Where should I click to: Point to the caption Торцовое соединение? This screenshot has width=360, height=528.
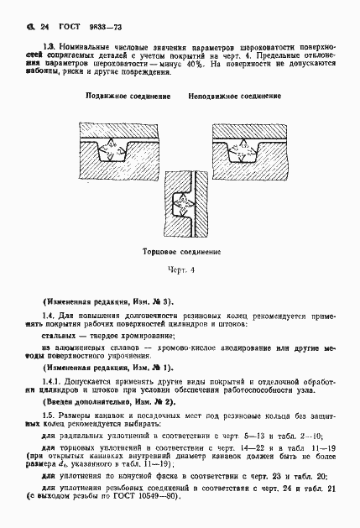coord(180,251)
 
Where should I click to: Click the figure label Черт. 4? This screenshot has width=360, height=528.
coord(180,270)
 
